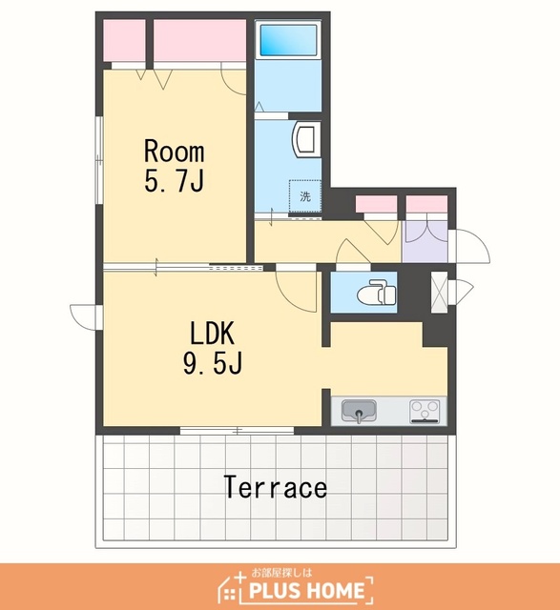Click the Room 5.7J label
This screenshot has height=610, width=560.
pyautogui.click(x=174, y=166)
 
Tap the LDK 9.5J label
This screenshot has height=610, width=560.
pyautogui.click(x=213, y=348)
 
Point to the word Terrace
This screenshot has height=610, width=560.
pyautogui.click(x=276, y=487)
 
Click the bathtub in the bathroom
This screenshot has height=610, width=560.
pyautogui.click(x=288, y=40)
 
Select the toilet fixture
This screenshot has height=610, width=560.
pyautogui.click(x=376, y=293)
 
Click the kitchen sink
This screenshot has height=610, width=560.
pyautogui.click(x=359, y=411)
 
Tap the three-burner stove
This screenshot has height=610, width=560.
pyautogui.click(x=425, y=411)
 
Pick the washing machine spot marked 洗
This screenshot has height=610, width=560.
pyautogui.click(x=305, y=196)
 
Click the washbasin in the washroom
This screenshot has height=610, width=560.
pyautogui.click(x=306, y=139)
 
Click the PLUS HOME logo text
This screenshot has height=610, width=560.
pyautogui.click(x=306, y=591)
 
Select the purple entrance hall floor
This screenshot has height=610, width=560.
pyautogui.click(x=425, y=241)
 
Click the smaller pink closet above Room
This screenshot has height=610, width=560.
pyautogui.click(x=124, y=40)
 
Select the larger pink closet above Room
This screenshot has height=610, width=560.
pyautogui.click(x=199, y=40)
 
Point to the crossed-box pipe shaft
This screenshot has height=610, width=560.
pyautogui.click(x=439, y=292)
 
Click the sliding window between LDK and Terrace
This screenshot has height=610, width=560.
pyautogui.click(x=237, y=430)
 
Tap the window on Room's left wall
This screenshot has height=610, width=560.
pyautogui.click(x=99, y=159)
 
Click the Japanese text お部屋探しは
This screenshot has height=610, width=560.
pyautogui.click(x=282, y=573)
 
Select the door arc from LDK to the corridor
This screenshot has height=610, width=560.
pyautogui.click(x=297, y=291)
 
